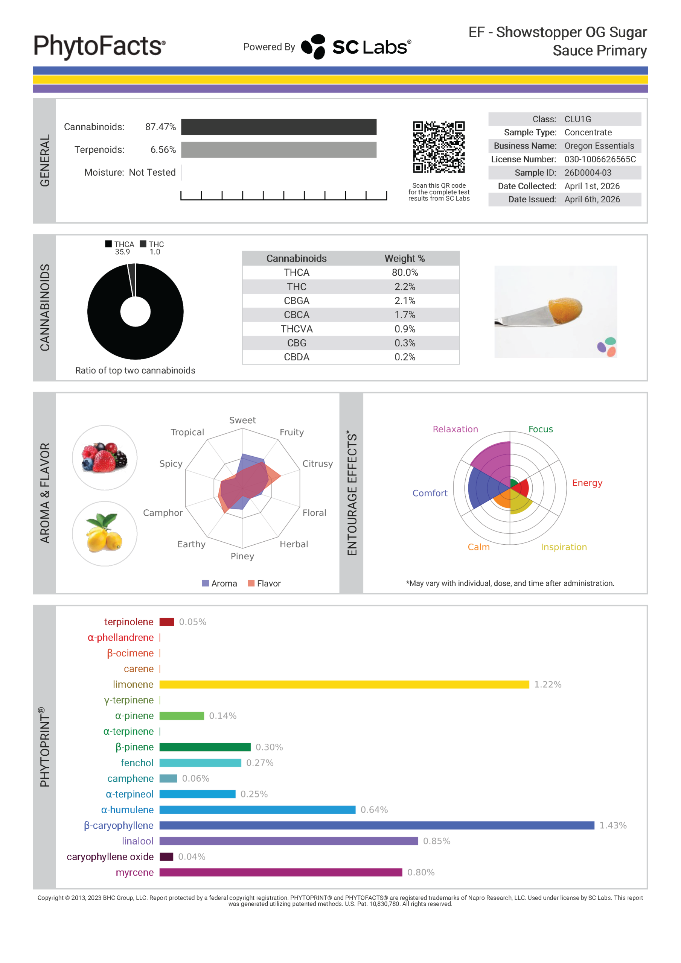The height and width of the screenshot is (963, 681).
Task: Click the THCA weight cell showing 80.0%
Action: [x=405, y=273]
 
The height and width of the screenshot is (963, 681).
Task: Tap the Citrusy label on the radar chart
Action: [x=317, y=463]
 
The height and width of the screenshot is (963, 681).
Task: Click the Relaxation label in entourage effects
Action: [x=455, y=429]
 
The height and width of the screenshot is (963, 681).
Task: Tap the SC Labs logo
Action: [x=356, y=47]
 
